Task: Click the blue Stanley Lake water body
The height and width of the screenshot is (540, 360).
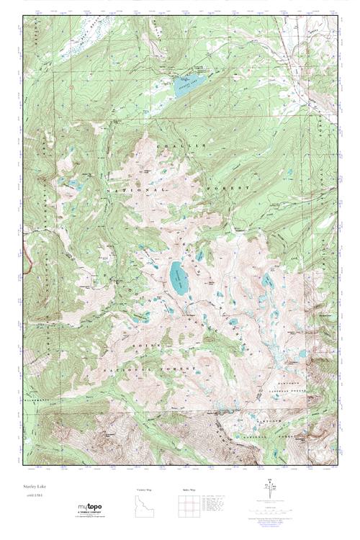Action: pos(189,80)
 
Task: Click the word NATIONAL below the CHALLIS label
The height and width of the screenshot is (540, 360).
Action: pos(138,188)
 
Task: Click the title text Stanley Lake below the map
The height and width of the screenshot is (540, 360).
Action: pos(37,487)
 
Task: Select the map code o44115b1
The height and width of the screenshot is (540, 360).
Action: pos(35,496)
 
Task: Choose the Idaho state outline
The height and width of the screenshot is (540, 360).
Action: pos(145,508)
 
